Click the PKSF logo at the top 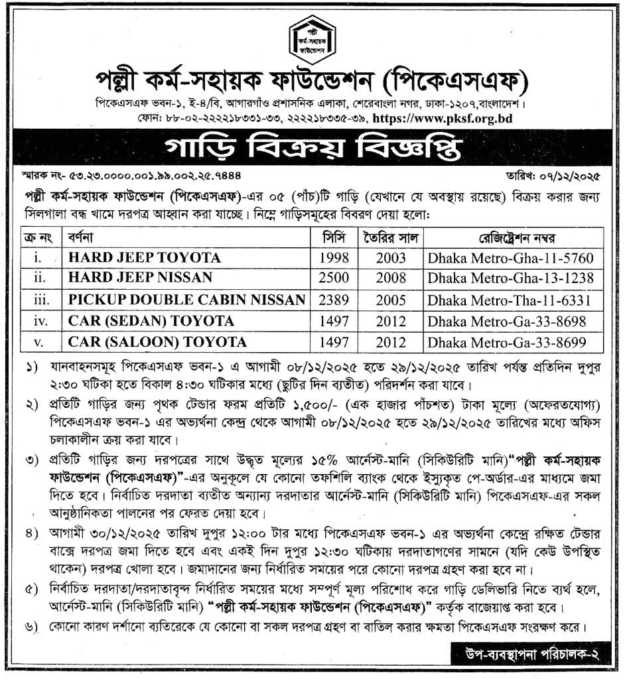[x=311, y=38]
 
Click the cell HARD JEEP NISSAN [x=140, y=278]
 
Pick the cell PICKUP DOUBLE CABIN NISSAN [x=186, y=300]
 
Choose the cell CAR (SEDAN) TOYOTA [x=151, y=321]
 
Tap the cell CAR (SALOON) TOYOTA [x=157, y=342]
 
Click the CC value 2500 [x=334, y=278]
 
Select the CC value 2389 [x=334, y=300]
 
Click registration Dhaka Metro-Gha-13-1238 [x=511, y=278]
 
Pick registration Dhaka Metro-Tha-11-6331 [x=511, y=300]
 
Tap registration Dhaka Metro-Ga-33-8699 [x=511, y=342]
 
